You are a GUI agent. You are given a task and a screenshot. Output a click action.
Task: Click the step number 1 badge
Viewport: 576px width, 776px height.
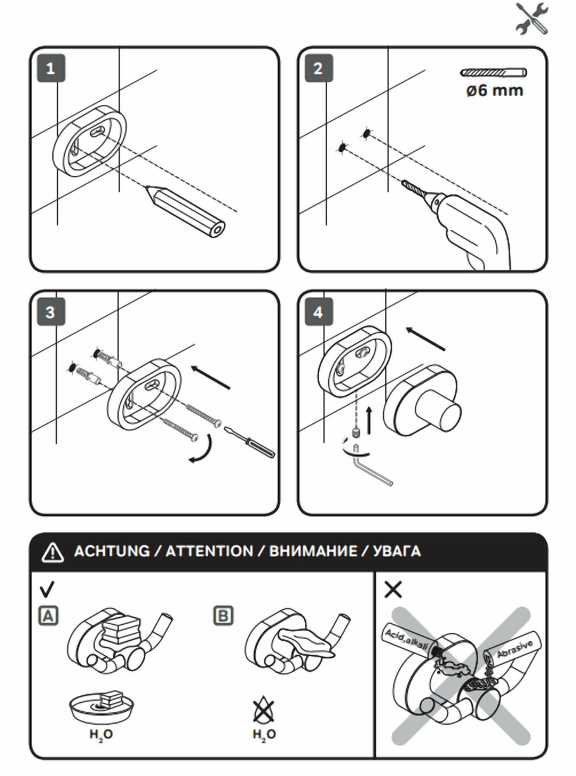pos(50,69)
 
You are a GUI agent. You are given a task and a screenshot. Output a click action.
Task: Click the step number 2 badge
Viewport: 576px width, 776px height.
pos(318,69)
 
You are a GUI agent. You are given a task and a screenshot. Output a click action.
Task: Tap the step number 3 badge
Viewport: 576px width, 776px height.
pos(50,312)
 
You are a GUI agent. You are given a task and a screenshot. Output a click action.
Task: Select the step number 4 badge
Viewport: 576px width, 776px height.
pos(318,312)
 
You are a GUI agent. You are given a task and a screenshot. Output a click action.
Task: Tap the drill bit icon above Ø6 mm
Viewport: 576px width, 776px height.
pos(493,73)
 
